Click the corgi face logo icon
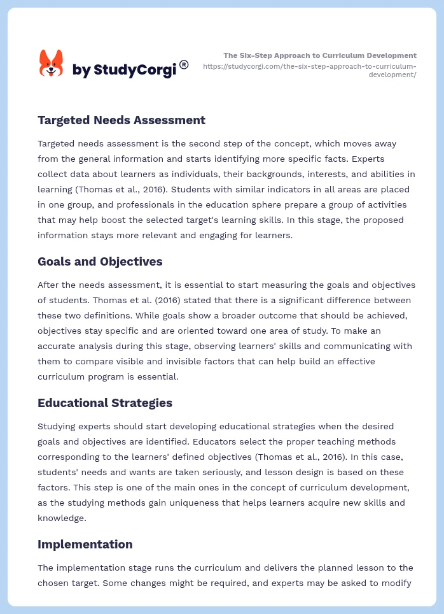pos(51,64)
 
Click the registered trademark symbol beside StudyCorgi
pos(184,64)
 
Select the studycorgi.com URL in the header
pos(310,70)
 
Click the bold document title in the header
pos(320,55)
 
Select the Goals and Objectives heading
pos(100,261)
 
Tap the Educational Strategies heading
pos(105,403)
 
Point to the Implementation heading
pos(85,544)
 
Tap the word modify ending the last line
pos(397,583)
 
